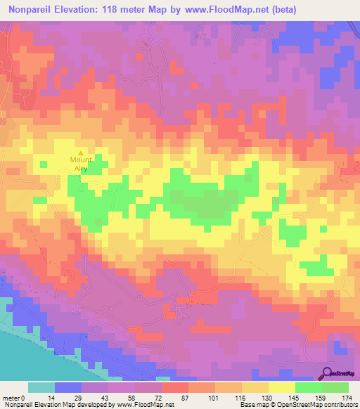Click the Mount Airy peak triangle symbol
(81, 152)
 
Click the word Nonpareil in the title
(32, 10)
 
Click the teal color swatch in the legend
(41, 387)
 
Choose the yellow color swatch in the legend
(281, 387)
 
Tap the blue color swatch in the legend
(68, 387)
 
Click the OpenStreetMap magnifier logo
(329, 373)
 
